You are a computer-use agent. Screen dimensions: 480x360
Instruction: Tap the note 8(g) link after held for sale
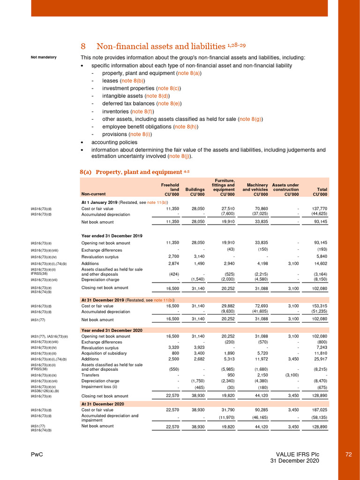pyautogui.click(x=250, y=119)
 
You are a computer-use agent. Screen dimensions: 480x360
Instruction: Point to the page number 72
pyautogui.click(x=348, y=455)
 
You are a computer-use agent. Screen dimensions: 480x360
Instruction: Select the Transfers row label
pyautogui.click(x=90, y=376)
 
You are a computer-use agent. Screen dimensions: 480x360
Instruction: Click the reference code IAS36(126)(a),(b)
pyautogui.click(x=48, y=390)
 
